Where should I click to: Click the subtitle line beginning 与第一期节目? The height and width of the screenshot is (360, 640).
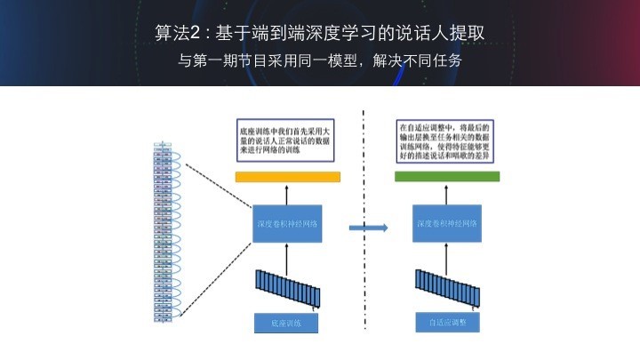tap(320, 61)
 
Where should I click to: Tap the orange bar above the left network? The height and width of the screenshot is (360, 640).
tap(287, 177)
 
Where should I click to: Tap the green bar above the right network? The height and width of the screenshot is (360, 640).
tap(446, 177)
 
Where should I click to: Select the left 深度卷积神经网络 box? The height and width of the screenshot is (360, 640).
tap(287, 224)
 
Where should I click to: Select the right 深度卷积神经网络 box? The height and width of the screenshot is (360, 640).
tap(447, 224)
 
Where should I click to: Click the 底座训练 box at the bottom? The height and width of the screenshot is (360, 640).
tap(286, 324)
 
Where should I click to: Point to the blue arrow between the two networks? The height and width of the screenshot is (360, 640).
tap(368, 228)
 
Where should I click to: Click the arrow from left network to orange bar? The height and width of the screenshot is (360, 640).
tap(287, 194)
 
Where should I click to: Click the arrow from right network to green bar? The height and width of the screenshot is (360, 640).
tap(446, 194)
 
